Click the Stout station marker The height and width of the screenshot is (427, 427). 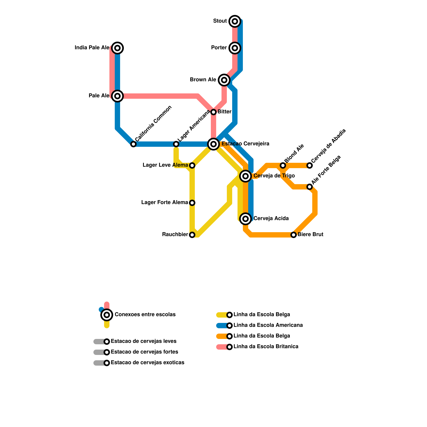click(235, 21)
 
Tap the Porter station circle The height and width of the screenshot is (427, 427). click(235, 48)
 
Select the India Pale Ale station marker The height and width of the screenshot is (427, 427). click(117, 48)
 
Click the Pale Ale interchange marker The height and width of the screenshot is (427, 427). click(117, 96)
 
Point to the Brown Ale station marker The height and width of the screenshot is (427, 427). click(224, 80)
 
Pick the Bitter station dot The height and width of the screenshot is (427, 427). click(213, 112)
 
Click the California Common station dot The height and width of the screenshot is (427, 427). click(133, 144)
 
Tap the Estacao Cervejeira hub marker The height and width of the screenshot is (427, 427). click(213, 144)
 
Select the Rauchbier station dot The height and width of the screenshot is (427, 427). click(192, 235)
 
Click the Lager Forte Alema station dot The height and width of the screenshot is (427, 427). click(192, 203)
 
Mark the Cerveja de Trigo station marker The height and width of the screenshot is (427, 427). click(246, 176)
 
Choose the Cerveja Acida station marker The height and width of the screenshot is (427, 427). click(246, 219)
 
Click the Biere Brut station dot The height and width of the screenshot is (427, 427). click(294, 235)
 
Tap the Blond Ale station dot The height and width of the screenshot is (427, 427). click(283, 165)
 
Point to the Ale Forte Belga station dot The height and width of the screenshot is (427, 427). click(310, 187)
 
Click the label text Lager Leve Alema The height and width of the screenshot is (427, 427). click(165, 165)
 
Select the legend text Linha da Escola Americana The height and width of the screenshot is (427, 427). click(268, 325)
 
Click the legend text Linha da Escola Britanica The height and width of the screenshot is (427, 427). click(266, 347)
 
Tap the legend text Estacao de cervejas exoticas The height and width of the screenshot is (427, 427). click(147, 363)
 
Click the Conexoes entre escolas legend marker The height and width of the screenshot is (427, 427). click(107, 315)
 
